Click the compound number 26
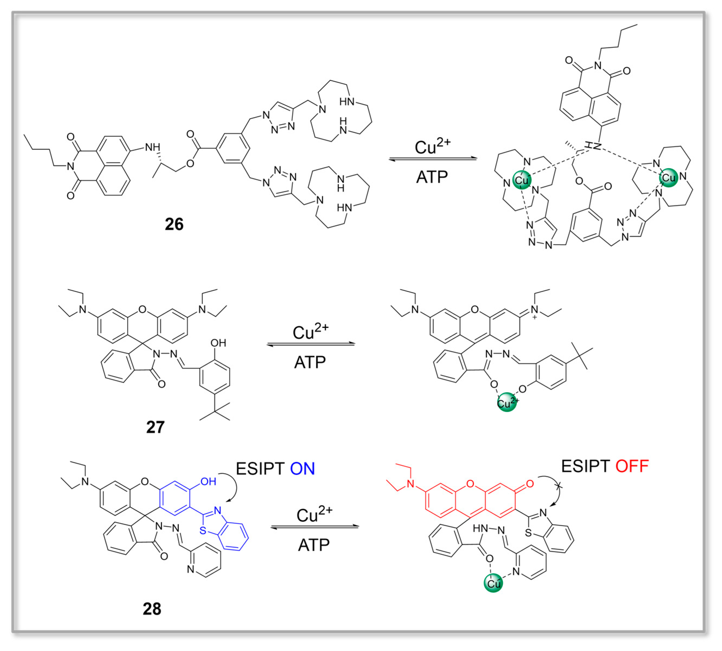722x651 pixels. (x=174, y=224)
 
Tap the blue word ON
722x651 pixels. (x=302, y=469)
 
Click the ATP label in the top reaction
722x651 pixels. (x=432, y=177)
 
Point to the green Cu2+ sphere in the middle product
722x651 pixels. (x=507, y=402)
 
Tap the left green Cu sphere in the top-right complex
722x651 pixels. (x=522, y=180)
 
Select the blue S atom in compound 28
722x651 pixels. (x=203, y=530)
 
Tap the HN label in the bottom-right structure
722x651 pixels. (x=480, y=528)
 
